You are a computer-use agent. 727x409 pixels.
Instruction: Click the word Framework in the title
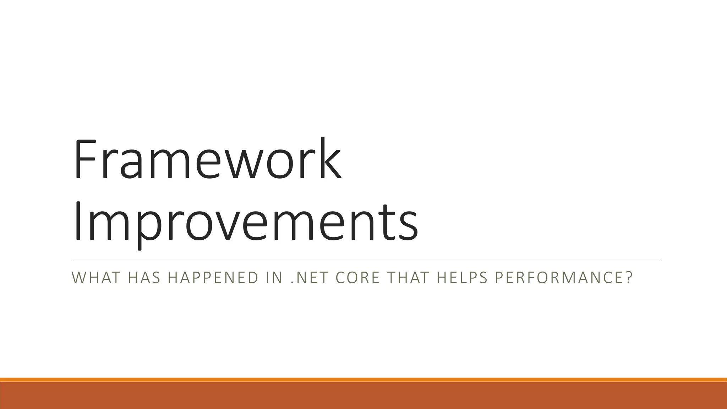(x=208, y=160)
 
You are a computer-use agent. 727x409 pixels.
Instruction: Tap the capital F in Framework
(x=85, y=160)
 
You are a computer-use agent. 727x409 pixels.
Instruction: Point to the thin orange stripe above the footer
(x=363, y=380)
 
